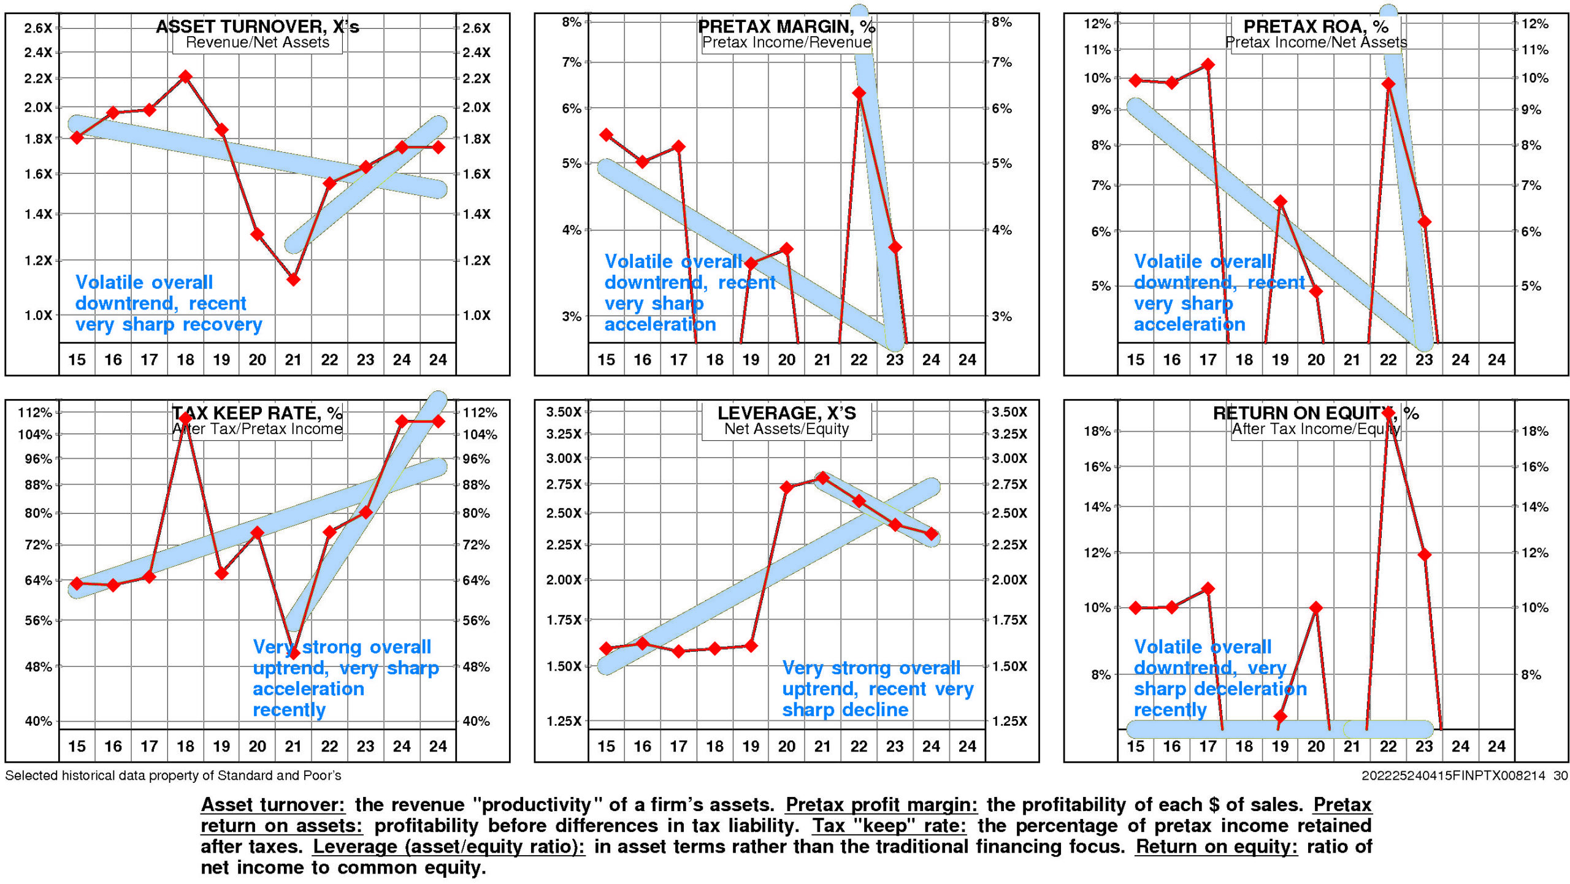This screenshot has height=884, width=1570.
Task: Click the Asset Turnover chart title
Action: (x=257, y=26)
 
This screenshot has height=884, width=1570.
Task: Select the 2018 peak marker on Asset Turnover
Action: (x=185, y=77)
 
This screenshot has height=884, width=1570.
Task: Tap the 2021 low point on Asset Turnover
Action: (x=293, y=280)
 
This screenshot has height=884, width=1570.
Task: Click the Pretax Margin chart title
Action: (x=786, y=26)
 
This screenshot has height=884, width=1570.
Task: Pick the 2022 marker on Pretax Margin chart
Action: (x=859, y=93)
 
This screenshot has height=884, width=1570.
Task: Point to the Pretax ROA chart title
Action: (x=1315, y=26)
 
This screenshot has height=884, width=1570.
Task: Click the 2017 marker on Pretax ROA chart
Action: (x=1208, y=64)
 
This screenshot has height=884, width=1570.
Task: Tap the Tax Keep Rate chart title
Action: (x=257, y=413)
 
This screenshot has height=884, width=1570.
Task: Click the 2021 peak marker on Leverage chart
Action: (x=822, y=478)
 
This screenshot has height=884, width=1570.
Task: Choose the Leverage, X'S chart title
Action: (x=786, y=413)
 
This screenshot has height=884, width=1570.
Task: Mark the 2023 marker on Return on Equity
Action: (x=1424, y=555)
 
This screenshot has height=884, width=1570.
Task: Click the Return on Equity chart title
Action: (x=1315, y=413)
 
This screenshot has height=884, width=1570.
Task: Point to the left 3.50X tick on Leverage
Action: (x=563, y=412)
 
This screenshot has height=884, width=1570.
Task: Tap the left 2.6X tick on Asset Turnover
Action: (x=38, y=28)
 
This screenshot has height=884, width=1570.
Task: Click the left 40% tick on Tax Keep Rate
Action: (x=38, y=721)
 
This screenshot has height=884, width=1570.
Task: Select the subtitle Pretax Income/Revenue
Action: (x=786, y=42)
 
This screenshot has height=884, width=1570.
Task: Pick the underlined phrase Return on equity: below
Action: (x=1216, y=847)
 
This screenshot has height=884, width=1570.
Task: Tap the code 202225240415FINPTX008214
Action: (x=1453, y=775)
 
